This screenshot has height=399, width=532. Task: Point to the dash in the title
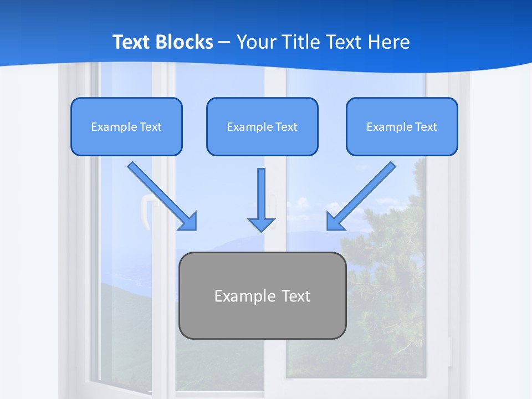point(224,42)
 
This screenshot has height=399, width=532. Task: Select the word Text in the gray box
point(295,296)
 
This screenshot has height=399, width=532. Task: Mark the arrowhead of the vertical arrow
point(261,224)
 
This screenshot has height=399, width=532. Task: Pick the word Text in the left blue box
point(150,127)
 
